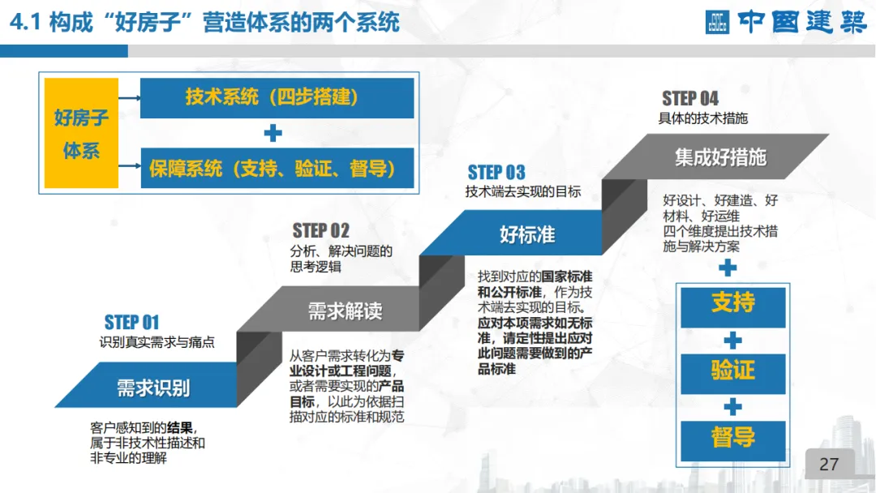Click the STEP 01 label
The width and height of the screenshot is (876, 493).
coord(131,323)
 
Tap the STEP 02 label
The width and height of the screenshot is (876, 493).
coord(321,231)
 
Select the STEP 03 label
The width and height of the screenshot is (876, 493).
coord(496,173)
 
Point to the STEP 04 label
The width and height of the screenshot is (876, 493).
coord(690,99)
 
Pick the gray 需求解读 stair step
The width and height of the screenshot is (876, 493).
coord(344,311)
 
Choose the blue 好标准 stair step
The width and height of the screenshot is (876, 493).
coord(527,235)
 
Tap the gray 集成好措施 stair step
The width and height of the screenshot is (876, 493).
coord(720,156)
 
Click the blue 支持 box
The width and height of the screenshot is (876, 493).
coord(732,303)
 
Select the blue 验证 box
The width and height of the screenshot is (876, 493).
coord(732,371)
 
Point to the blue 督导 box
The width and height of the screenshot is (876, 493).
coord(732,438)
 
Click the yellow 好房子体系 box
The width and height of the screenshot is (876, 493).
coord(81,134)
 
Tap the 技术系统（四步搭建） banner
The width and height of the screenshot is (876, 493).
coord(277,98)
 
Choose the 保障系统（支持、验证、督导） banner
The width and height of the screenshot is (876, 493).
coord(277,168)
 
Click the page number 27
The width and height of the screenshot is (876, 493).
coord(829,465)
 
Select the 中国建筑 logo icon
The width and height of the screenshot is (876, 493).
coord(717,22)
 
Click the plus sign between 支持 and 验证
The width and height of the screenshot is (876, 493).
coord(732,338)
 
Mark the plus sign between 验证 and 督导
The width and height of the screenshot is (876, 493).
coord(732,405)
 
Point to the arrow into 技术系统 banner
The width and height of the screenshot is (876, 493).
coord(129,98)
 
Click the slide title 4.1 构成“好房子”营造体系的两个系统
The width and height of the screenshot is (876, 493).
coord(204,22)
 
